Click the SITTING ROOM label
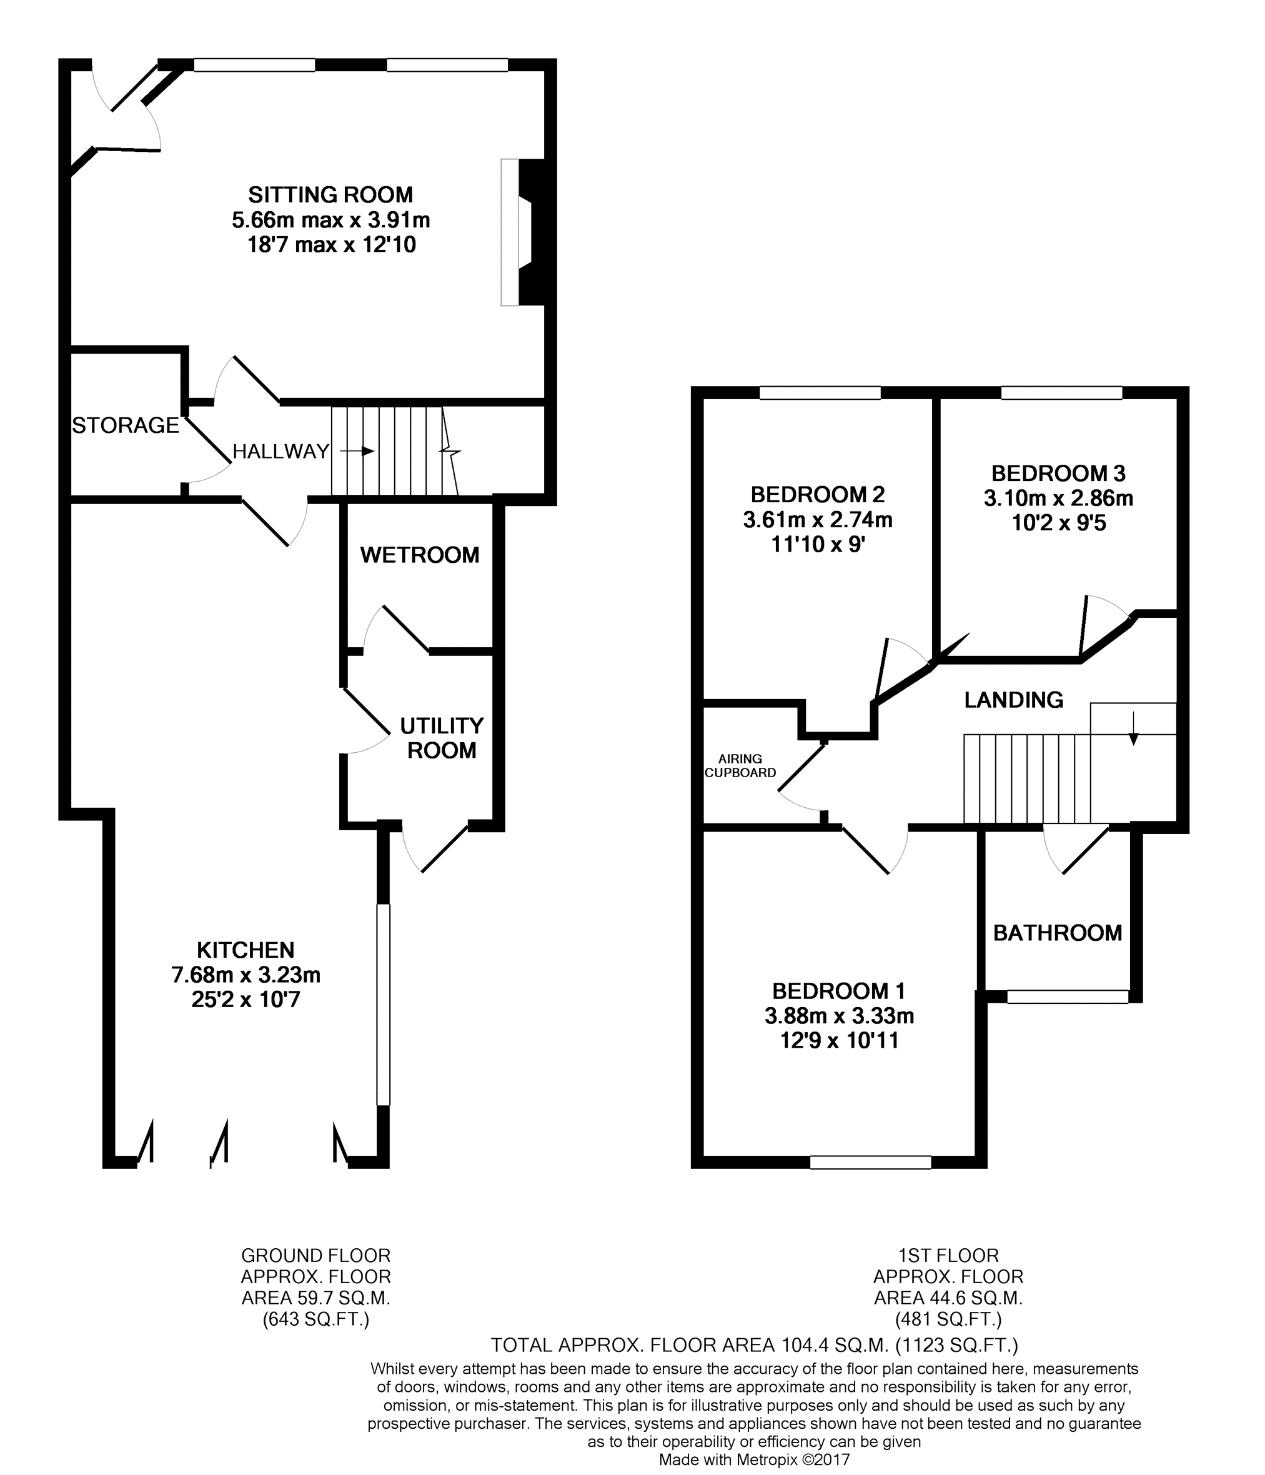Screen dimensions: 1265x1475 click(330, 194)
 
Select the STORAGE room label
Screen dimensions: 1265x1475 click(126, 425)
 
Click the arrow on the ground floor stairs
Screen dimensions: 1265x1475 click(357, 451)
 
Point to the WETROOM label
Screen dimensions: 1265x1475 click(419, 555)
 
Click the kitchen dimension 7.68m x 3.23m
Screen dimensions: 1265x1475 click(246, 975)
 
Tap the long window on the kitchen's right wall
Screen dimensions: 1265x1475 click(383, 1005)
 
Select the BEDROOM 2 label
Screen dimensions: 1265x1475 click(817, 494)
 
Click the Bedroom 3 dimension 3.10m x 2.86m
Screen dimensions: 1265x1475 click(1059, 499)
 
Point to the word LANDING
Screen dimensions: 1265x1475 click(1014, 700)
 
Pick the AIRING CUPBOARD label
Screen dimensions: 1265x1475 click(740, 765)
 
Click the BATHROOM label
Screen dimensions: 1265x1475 click(1057, 933)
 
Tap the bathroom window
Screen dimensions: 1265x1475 click(1068, 996)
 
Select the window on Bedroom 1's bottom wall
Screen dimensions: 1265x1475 click(871, 1162)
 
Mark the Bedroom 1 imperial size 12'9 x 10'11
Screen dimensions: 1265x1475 click(840, 1041)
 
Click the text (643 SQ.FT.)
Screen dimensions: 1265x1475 click(316, 1319)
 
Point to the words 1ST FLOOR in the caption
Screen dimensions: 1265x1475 click(948, 1255)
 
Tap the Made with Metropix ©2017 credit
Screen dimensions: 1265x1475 click(755, 1460)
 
